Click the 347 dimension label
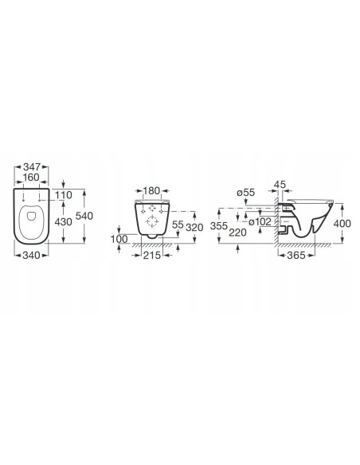click(32, 166)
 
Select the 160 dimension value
click(31, 178)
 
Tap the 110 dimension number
click(64, 195)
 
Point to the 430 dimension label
click(64, 222)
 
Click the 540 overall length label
click(84, 216)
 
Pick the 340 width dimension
click(31, 255)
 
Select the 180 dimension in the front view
click(152, 190)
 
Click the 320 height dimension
click(194, 228)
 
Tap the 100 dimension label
click(119, 239)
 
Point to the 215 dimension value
click(152, 255)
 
